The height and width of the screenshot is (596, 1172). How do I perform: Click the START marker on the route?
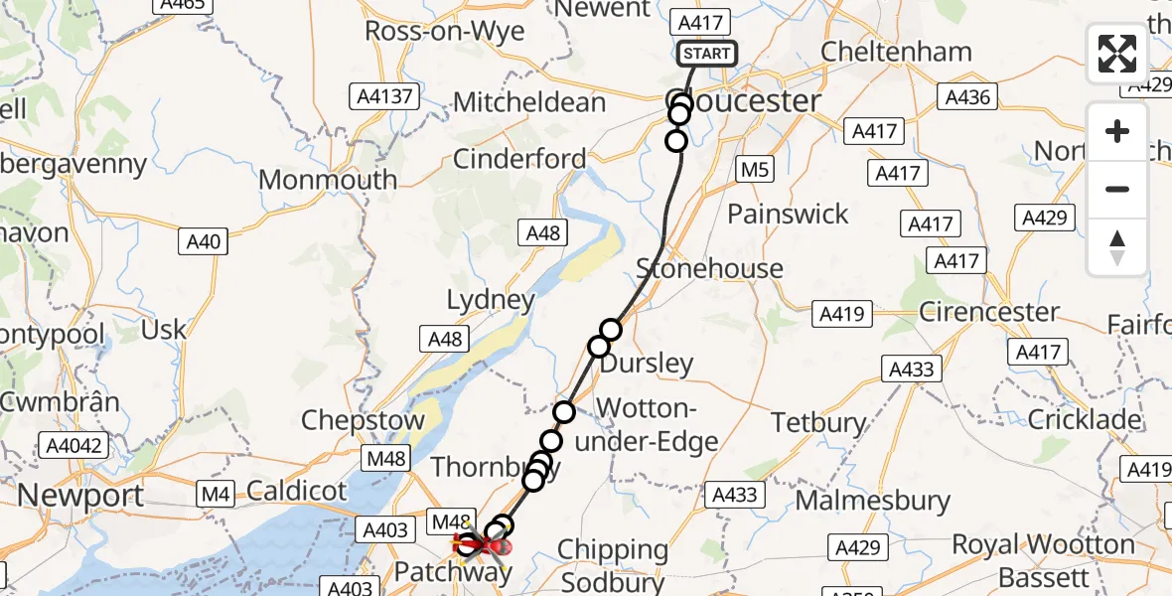[x=706, y=54]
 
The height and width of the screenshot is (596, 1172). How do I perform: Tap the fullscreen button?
[x=1117, y=54]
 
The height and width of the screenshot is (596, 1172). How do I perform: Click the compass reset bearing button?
[x=1117, y=247]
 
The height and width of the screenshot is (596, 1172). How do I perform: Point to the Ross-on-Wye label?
[x=444, y=30]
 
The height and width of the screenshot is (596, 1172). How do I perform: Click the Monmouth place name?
[x=328, y=180]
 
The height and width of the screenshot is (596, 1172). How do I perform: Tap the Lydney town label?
[x=491, y=299]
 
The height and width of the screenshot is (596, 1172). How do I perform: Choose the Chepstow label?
[x=363, y=420]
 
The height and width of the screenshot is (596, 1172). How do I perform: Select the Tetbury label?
[x=819, y=422]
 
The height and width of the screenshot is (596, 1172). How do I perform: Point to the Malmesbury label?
[x=873, y=500]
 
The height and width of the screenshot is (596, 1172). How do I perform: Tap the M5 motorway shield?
[x=755, y=171]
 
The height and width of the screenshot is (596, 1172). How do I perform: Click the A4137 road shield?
[x=387, y=97]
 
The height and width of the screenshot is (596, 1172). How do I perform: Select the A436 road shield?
[x=968, y=97]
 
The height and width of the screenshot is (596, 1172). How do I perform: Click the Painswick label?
[x=789, y=214]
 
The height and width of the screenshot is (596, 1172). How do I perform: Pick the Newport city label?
[x=80, y=495]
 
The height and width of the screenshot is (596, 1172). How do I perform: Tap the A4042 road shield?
[x=73, y=446]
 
